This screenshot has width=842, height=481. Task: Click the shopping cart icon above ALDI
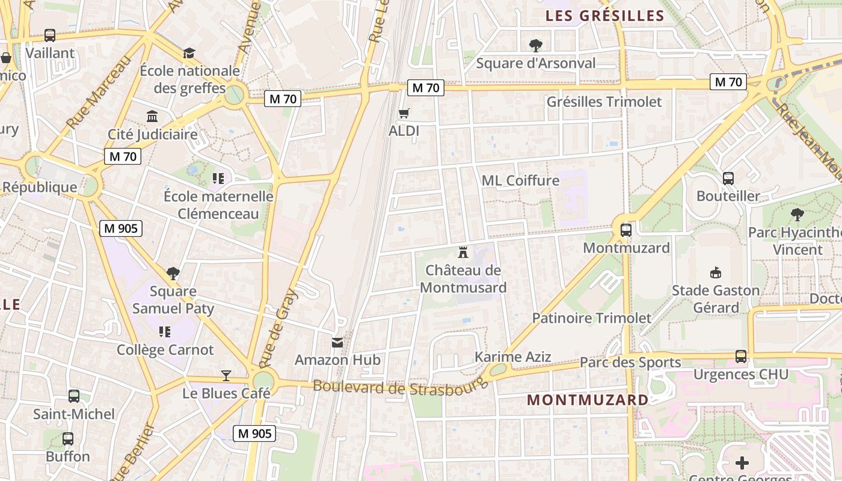pos(404,113)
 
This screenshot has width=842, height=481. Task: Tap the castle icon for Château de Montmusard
pos(463,252)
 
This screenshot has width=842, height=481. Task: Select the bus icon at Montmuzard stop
pos(626,230)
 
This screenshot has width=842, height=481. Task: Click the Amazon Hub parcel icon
pos(337,343)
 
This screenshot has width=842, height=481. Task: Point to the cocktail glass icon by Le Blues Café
pos(226,376)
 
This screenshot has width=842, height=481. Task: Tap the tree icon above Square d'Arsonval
pos(535,45)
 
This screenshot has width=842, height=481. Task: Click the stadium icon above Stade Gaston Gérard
pos(715,273)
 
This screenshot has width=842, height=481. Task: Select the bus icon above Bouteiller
pos(728,179)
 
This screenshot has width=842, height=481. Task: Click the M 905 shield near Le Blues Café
pos(254,433)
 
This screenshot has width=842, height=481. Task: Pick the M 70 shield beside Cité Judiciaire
pos(123,157)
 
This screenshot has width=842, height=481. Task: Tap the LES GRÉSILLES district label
pos(604,16)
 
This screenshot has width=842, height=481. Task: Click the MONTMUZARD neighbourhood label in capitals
pos(588,400)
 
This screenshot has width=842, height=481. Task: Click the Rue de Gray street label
pos(278,328)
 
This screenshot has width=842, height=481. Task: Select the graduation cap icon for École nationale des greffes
pos(189,53)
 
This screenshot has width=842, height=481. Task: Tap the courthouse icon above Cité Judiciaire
pos(153,116)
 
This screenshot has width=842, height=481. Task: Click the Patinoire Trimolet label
pos(591,318)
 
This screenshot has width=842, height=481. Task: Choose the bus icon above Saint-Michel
pos(74,396)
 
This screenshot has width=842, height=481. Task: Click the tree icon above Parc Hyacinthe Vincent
pos(797,215)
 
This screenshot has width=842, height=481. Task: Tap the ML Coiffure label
pos(520,180)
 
